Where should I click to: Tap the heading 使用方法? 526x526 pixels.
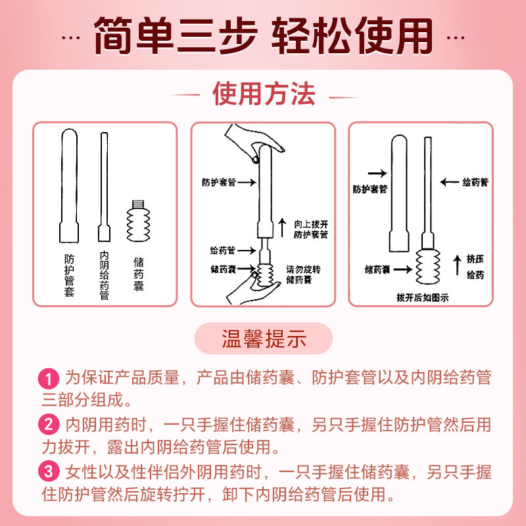tap(264, 95)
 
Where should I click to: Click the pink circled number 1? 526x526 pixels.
tap(49, 379)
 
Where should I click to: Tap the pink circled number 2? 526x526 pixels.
tap(49, 424)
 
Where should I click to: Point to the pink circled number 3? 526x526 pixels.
tap(49, 471)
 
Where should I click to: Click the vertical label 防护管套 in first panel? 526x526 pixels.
tap(69, 274)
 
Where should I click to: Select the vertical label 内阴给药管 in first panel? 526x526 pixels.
tap(104, 275)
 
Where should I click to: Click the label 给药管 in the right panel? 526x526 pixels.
tap(475, 181)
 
